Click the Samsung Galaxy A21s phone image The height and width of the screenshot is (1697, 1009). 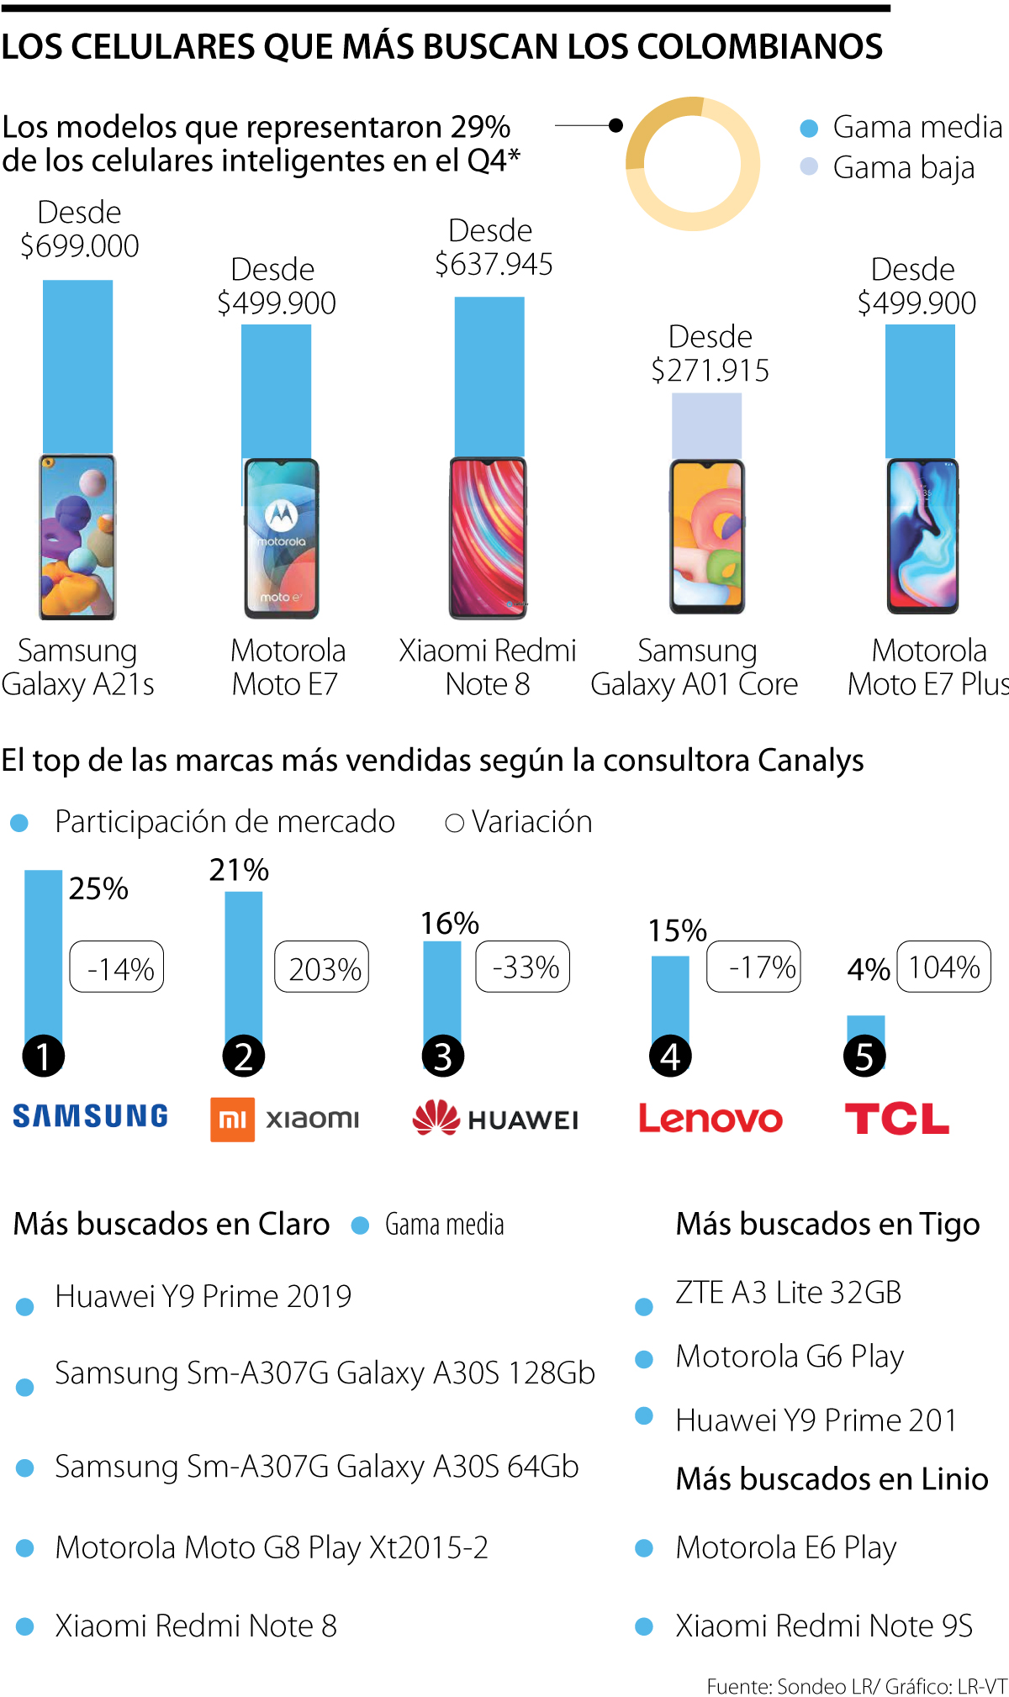77,536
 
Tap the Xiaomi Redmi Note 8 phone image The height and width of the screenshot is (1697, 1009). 488,538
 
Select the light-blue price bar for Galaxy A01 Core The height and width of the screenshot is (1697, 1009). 706,425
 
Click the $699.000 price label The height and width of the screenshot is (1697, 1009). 80,246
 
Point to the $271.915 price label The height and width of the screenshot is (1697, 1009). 711,371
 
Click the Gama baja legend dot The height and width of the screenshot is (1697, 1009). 809,167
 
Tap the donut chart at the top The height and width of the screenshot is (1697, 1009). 693,163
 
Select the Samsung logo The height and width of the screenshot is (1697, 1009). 90,1116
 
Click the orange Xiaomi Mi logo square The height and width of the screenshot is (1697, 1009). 232,1120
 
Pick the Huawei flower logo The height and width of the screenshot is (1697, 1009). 436,1118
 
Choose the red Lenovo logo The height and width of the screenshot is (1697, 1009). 711,1119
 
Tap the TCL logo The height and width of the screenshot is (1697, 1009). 896,1119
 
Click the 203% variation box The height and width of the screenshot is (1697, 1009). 322,967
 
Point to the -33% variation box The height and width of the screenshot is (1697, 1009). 523,967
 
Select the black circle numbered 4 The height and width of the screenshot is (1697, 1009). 670,1057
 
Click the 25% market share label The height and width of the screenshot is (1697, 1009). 98,888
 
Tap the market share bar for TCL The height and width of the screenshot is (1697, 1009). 865,1029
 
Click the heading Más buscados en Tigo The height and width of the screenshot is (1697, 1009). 827,1224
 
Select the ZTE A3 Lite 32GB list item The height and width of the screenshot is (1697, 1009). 788,1293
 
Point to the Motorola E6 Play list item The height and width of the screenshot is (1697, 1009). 785,1547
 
